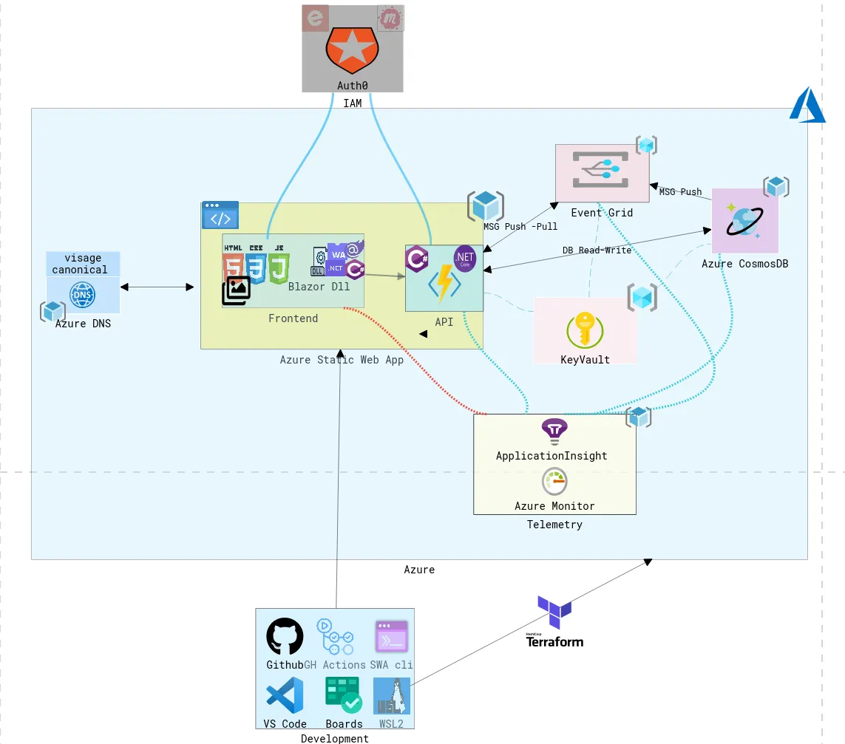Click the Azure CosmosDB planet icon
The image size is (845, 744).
(x=744, y=221)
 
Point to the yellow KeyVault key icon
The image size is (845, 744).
(x=585, y=330)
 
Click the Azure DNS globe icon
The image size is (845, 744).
(x=82, y=294)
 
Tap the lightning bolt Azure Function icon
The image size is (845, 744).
(x=444, y=282)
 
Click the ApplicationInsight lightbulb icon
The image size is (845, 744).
(x=554, y=431)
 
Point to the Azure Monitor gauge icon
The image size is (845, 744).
(x=554, y=481)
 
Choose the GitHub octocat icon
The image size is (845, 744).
(x=285, y=636)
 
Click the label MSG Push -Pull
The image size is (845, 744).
(x=520, y=226)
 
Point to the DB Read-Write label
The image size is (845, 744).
(x=597, y=250)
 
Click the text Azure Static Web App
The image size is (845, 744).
(x=342, y=360)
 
